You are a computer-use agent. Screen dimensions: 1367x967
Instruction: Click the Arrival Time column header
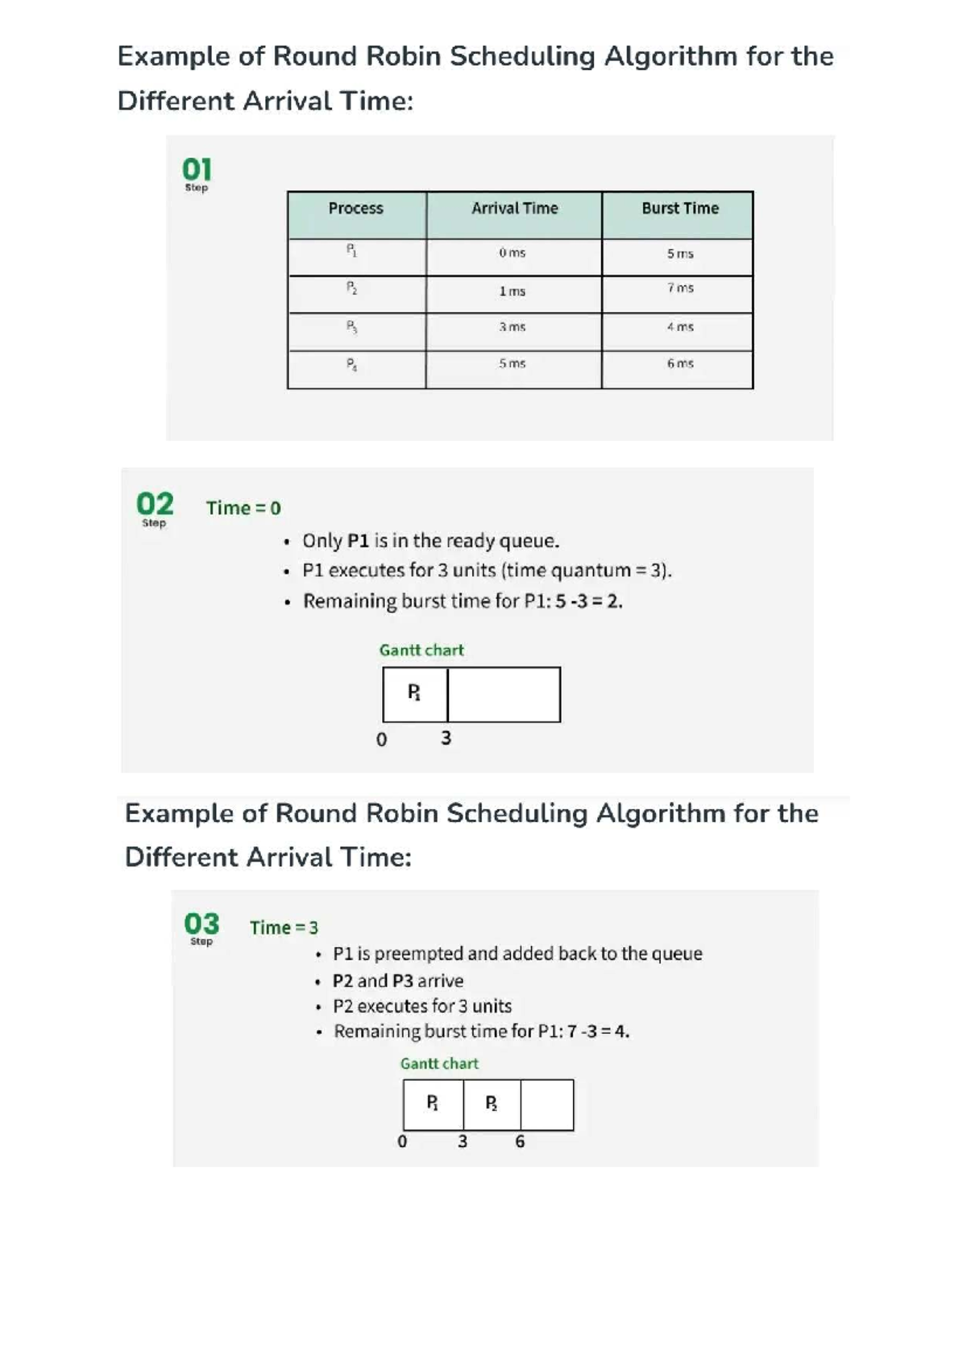pos(514,209)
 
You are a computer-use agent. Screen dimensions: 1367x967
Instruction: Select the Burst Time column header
pos(679,209)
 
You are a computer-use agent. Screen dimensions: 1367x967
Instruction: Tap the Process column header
pos(355,209)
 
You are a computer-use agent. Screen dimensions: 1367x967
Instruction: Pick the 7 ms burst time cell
pos(679,289)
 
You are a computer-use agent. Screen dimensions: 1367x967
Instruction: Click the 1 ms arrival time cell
pos(512,291)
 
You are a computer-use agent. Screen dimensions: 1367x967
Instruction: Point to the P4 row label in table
pos(352,364)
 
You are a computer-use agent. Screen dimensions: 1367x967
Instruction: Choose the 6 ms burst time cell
pos(679,364)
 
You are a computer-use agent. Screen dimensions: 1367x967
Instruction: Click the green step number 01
pos(197,170)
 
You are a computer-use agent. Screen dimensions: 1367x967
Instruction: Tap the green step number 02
pos(155,505)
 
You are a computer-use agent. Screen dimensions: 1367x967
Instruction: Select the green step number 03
pos(201,924)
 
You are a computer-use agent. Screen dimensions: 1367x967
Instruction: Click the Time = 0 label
pos(243,509)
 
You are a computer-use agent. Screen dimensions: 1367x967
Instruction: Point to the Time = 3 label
pos(284,928)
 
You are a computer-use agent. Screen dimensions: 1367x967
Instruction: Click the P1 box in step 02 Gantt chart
pos(414,694)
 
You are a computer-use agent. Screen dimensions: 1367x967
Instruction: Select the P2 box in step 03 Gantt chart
pos(492,1104)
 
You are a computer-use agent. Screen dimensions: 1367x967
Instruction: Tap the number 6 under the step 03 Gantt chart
pos(520,1141)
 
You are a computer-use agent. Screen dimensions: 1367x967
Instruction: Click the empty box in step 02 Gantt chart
pos(504,694)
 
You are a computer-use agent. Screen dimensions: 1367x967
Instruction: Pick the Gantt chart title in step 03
pos(439,1064)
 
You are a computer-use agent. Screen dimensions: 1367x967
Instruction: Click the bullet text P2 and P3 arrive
pos(398,981)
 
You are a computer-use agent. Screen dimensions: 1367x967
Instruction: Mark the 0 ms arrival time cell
pos(512,253)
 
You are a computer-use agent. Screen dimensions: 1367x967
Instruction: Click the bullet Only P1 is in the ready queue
pos(430,541)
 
